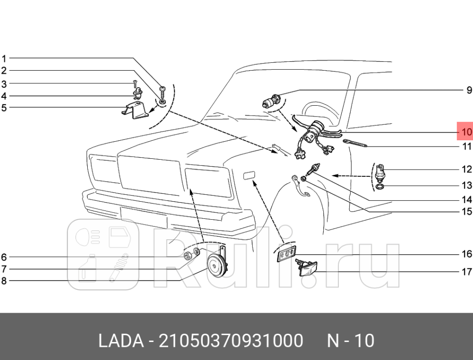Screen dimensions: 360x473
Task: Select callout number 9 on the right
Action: click(469, 90)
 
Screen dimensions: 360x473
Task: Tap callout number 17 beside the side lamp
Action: click(467, 272)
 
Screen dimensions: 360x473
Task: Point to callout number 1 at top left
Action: click(4, 58)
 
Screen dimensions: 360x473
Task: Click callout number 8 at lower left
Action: click(4, 281)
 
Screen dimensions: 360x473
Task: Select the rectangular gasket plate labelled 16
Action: click(286, 254)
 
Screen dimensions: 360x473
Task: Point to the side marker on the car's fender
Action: click(250, 176)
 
